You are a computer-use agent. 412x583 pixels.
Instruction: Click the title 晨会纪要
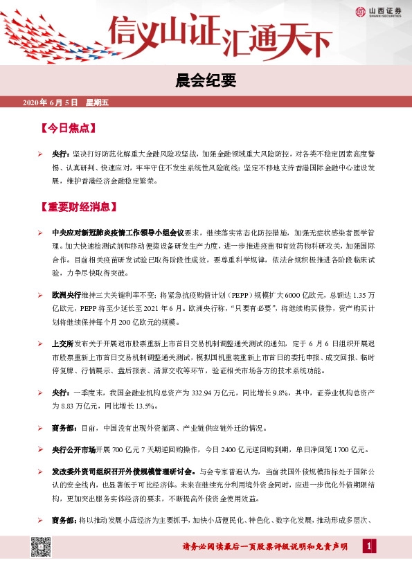(206, 82)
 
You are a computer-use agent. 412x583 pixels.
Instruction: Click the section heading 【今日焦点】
(66, 129)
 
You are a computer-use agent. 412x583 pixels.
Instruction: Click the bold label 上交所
(63, 343)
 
